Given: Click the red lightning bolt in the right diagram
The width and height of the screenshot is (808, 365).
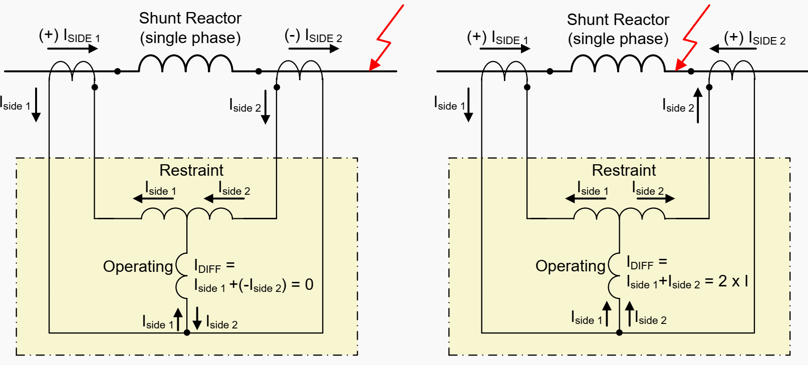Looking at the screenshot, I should (x=693, y=38).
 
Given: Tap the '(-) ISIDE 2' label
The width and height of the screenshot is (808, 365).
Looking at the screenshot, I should (x=313, y=37).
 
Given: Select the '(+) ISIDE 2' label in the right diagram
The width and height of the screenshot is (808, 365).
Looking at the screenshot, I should (x=754, y=38).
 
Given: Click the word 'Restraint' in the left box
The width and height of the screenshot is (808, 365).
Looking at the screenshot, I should (x=191, y=170).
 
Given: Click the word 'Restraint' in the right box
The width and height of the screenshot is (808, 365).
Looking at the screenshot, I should (x=624, y=170).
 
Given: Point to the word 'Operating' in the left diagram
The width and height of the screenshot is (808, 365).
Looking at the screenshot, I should (x=138, y=266).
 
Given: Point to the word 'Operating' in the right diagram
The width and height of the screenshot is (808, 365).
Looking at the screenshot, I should (x=570, y=266).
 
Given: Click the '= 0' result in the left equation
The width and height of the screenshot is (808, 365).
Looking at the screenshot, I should (x=303, y=285).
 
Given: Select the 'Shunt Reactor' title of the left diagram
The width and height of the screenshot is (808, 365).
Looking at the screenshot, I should (x=190, y=19).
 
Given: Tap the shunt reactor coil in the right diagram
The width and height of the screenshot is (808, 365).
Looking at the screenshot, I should (x=618, y=64).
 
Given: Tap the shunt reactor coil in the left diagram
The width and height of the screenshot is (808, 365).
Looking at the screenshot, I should (x=185, y=64).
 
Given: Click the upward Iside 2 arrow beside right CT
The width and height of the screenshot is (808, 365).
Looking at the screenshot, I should (x=698, y=106).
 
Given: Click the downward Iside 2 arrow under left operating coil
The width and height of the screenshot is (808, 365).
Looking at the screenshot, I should (x=197, y=318).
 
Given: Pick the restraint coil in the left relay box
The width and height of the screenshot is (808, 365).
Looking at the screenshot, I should (x=187, y=214).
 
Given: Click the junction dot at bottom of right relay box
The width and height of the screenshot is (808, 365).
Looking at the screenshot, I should (x=619, y=332).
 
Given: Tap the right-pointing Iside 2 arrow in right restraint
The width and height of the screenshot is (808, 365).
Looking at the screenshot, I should (x=656, y=198).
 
